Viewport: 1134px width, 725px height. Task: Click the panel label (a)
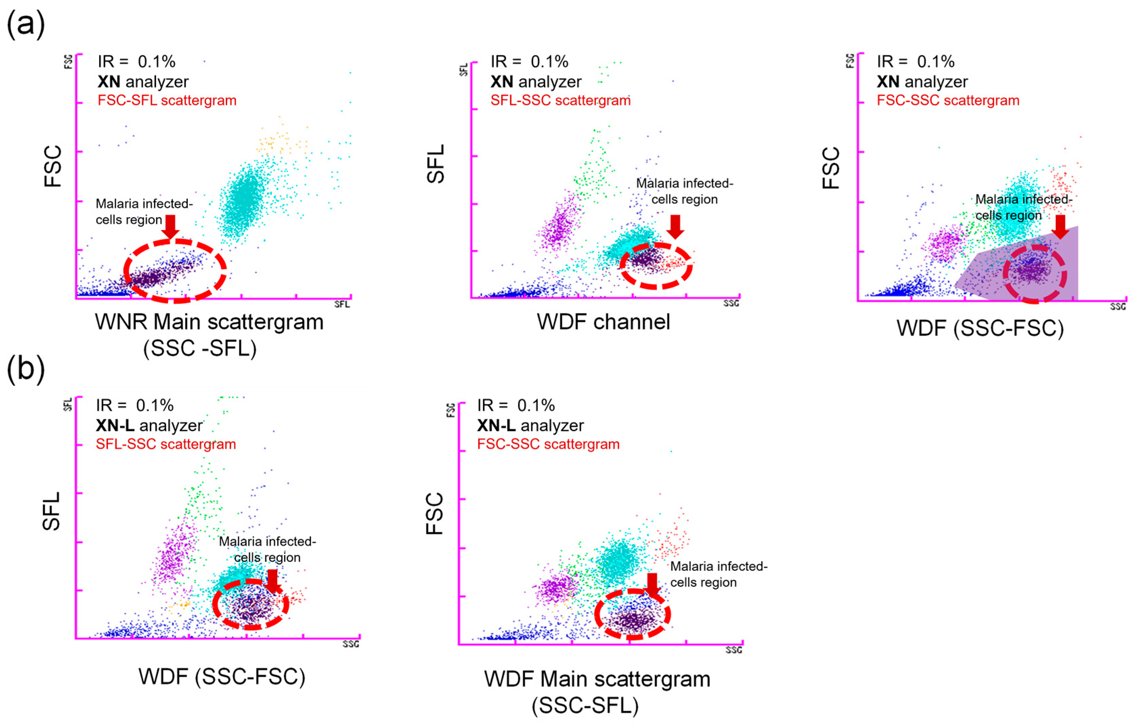click(26, 24)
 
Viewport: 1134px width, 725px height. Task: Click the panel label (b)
click(26, 369)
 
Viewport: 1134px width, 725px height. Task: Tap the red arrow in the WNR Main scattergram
click(171, 226)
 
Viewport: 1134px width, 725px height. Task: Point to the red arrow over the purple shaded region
click(1061, 227)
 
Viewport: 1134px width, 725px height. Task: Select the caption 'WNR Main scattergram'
click(209, 322)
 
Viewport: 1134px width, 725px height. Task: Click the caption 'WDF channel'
click(603, 322)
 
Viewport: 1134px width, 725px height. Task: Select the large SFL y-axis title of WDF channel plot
click(436, 163)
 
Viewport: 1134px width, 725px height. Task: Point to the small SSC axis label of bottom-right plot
click(734, 650)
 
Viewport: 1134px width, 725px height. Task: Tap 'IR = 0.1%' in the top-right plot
click(915, 62)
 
